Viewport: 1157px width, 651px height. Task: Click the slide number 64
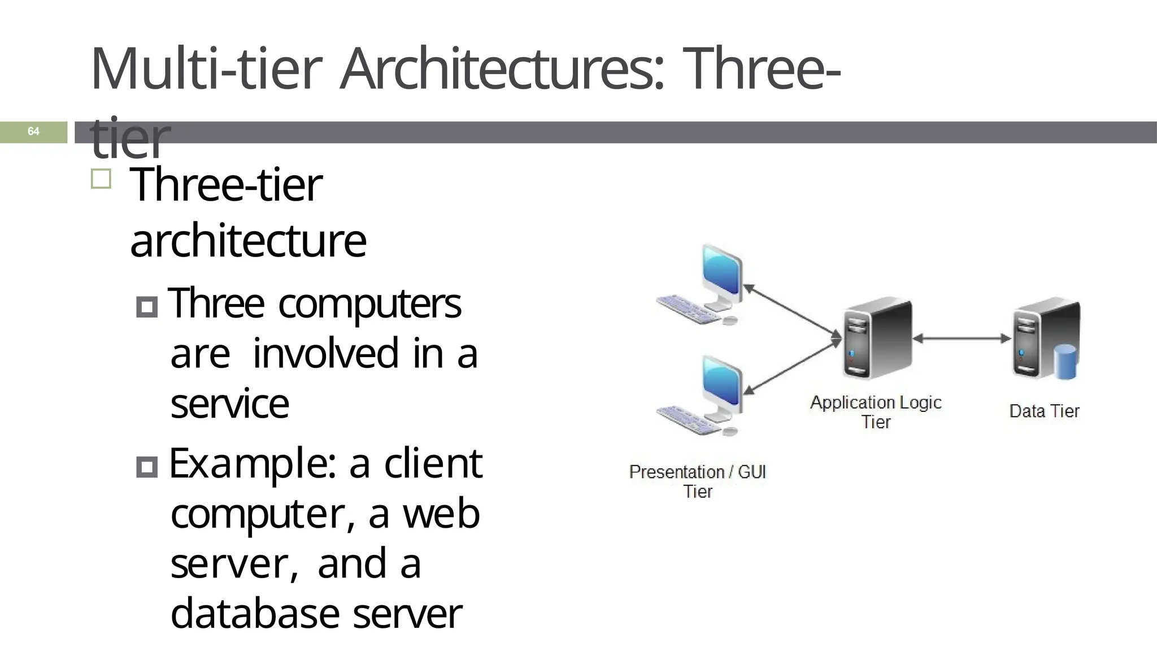pyautogui.click(x=33, y=132)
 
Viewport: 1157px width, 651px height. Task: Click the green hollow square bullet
pyautogui.click(x=101, y=179)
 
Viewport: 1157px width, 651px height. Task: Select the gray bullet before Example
pyautogui.click(x=147, y=467)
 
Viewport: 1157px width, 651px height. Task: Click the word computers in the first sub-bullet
pyautogui.click(x=369, y=305)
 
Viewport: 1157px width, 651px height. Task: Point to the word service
pyautogui.click(x=229, y=405)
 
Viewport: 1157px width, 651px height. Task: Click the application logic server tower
pyautogui.click(x=877, y=339)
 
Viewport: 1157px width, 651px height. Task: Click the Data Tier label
pyautogui.click(x=1044, y=411)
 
